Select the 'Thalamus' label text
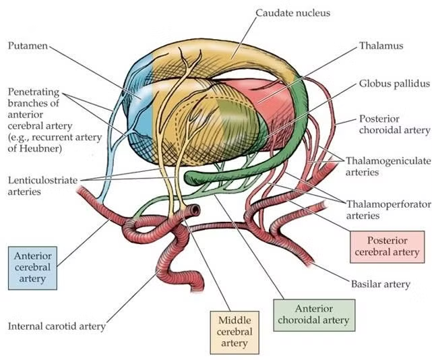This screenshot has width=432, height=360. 381,46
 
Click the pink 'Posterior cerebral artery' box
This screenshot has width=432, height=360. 386,246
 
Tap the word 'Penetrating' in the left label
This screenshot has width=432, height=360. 32,91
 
